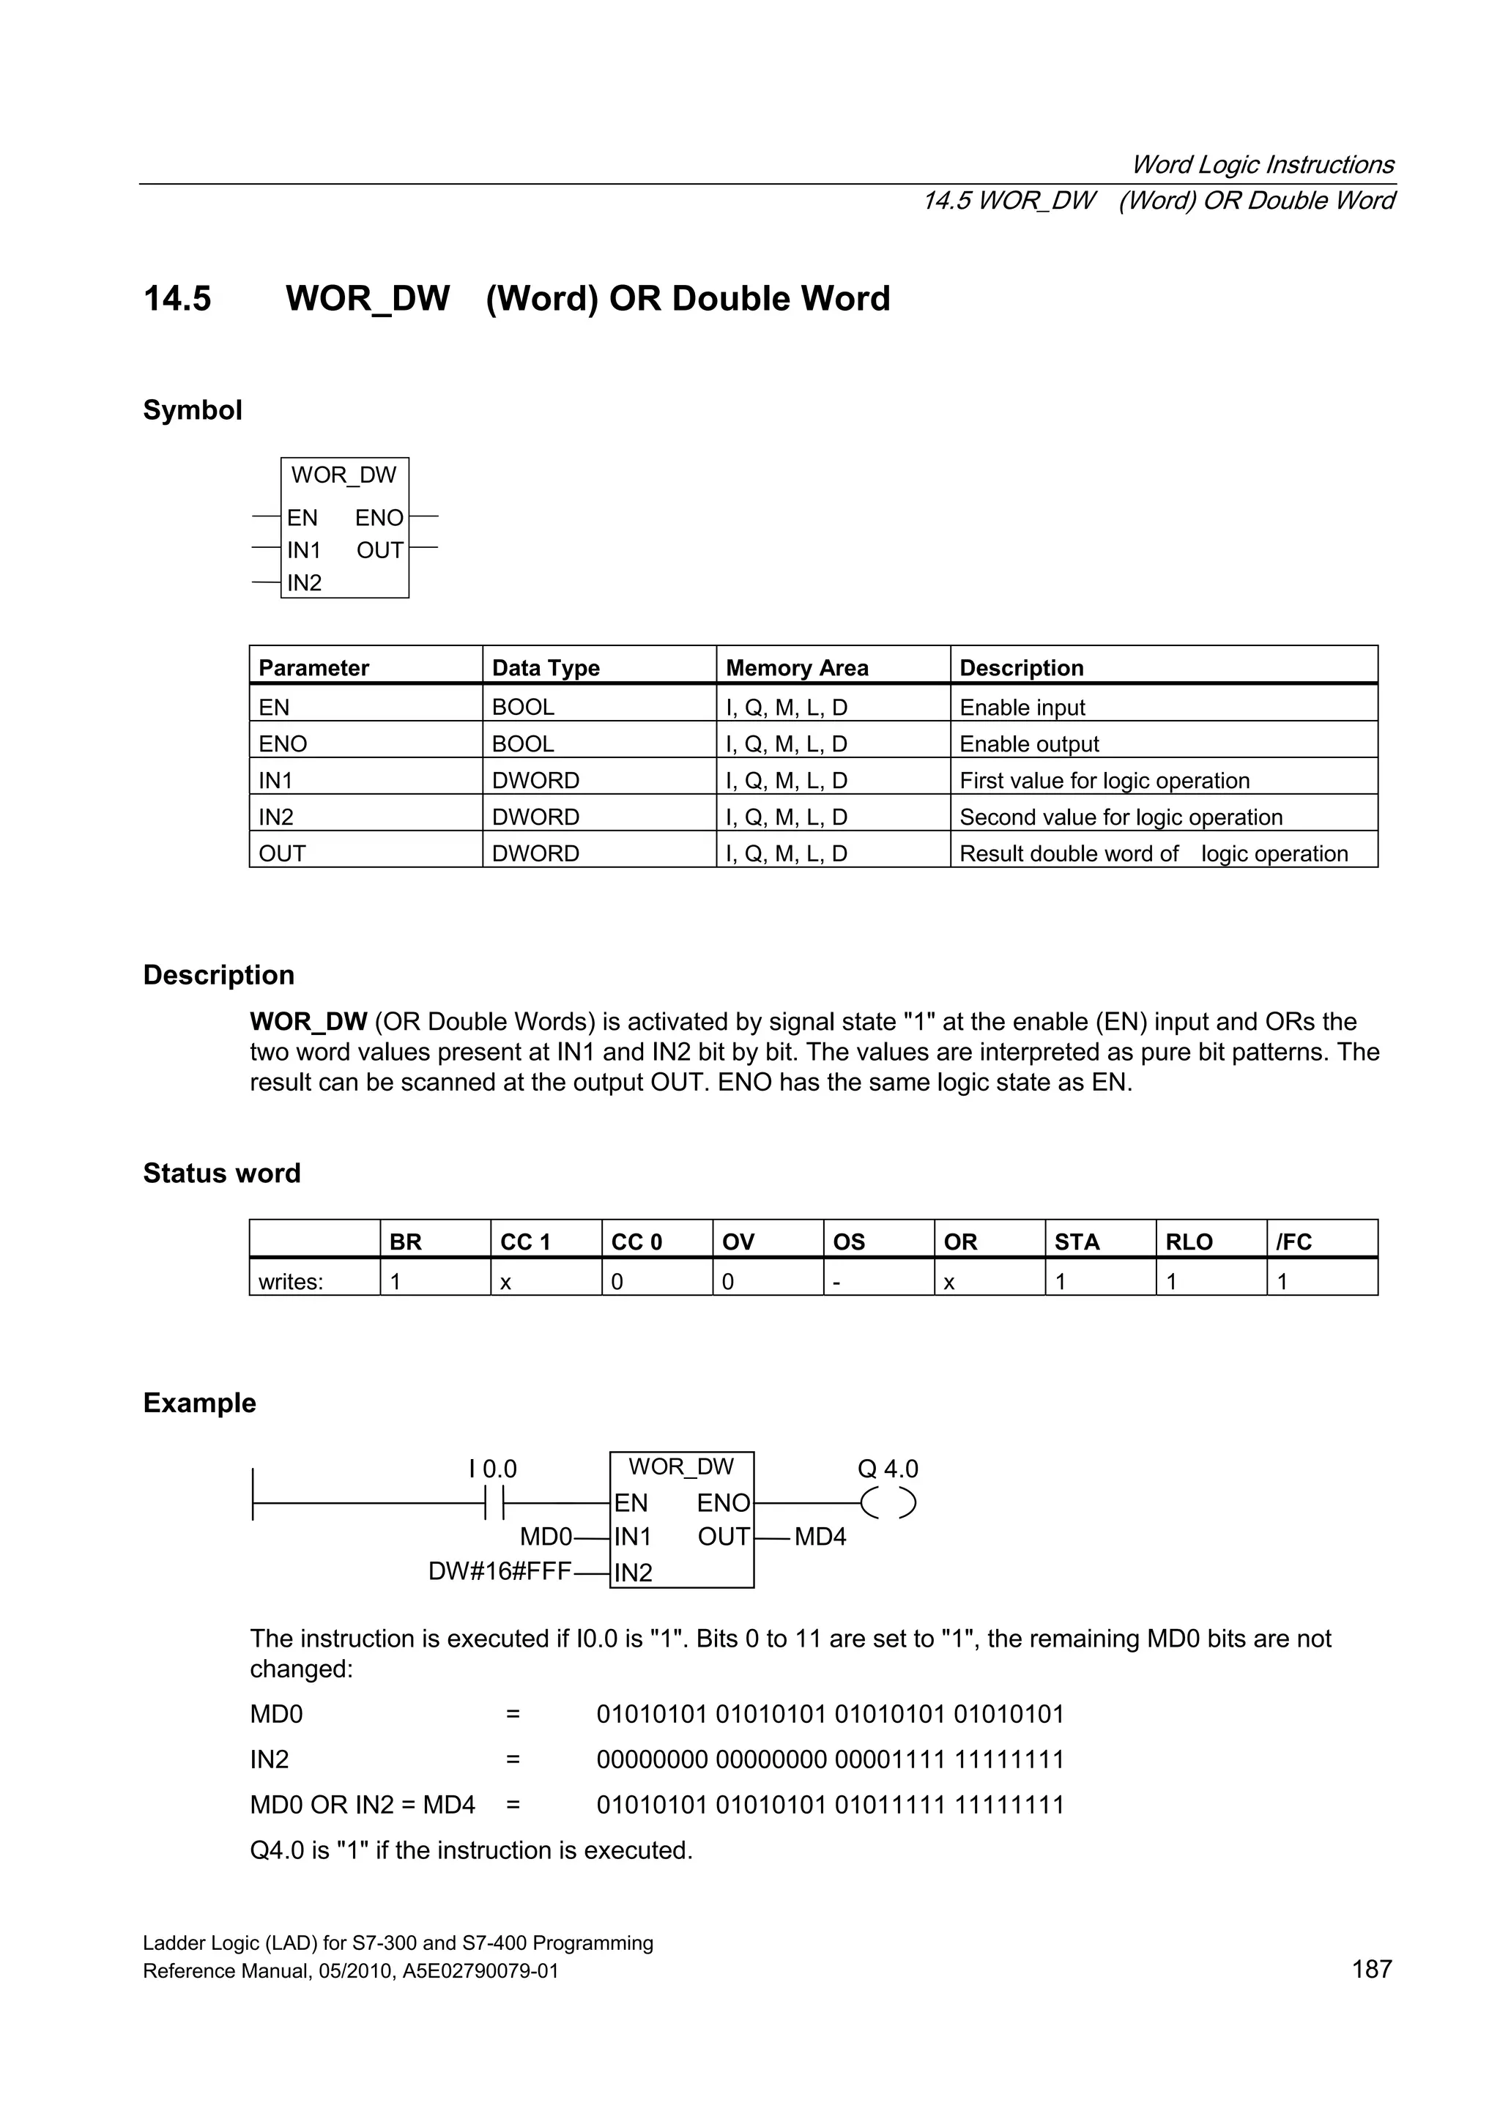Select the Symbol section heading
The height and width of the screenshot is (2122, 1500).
tap(192, 409)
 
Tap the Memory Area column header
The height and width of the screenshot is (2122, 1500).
tap(797, 667)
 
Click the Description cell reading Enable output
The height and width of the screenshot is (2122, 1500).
tap(1028, 744)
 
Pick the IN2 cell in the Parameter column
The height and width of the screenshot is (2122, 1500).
tap(275, 817)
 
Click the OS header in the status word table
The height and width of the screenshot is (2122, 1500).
tap(848, 1242)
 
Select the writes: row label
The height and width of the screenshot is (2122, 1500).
tap(290, 1281)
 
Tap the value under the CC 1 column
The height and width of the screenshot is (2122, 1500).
tap(505, 1281)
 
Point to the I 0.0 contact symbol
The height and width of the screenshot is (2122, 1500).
tap(494, 1505)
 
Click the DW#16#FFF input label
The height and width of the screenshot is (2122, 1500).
tap(499, 1571)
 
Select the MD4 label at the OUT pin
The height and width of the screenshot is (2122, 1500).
tap(820, 1537)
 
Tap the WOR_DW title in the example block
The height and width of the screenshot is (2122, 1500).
tap(681, 1466)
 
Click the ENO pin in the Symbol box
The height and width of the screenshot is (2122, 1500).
tap(379, 518)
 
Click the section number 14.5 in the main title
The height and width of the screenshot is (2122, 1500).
tap(177, 299)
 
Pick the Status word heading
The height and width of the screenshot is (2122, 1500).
tap(222, 1173)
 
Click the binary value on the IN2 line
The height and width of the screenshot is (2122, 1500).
tap(830, 1759)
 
